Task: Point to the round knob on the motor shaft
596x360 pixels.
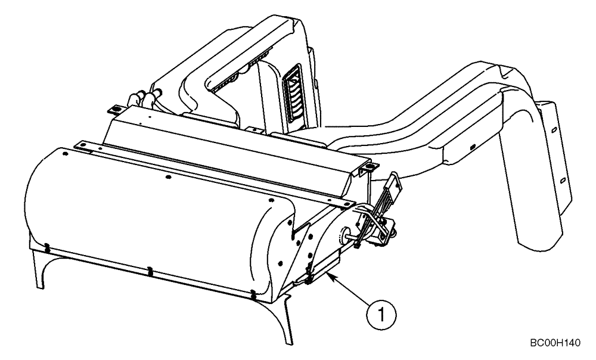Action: click(x=346, y=234)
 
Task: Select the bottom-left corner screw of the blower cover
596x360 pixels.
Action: click(x=46, y=244)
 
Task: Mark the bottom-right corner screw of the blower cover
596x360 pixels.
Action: click(x=253, y=294)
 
